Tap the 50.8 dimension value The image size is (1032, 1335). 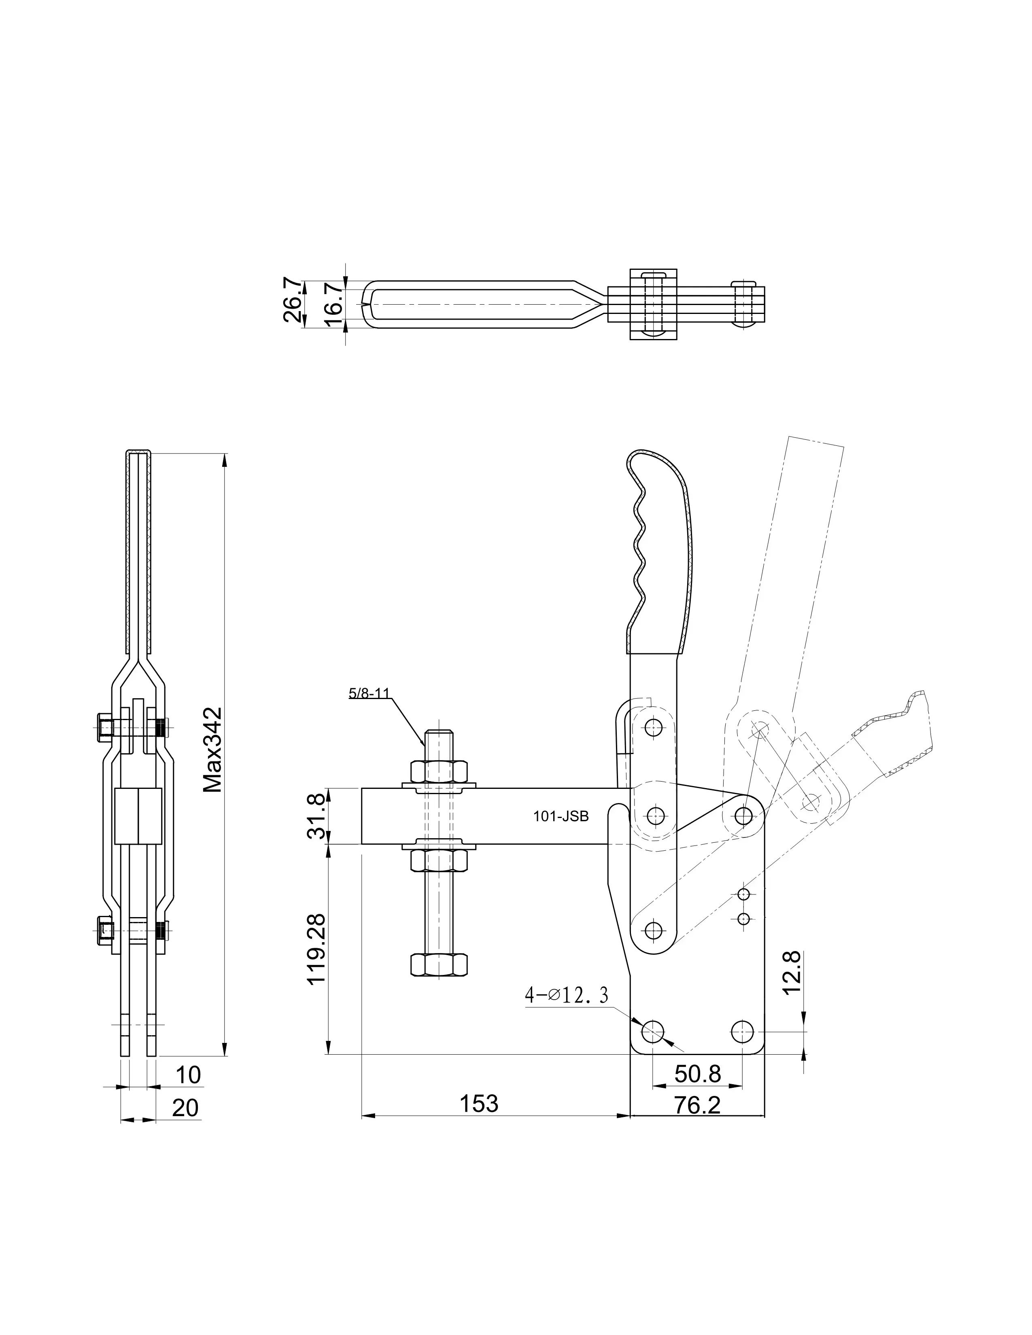pyautogui.click(x=698, y=1073)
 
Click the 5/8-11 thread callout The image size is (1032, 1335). pyautogui.click(x=369, y=693)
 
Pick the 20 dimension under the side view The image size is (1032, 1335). pyautogui.click(x=185, y=1108)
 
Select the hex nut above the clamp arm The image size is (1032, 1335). pyautogui.click(x=439, y=771)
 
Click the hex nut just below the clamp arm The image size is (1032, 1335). pyautogui.click(x=439, y=860)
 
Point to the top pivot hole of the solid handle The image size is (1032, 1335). pyautogui.click(x=654, y=727)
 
